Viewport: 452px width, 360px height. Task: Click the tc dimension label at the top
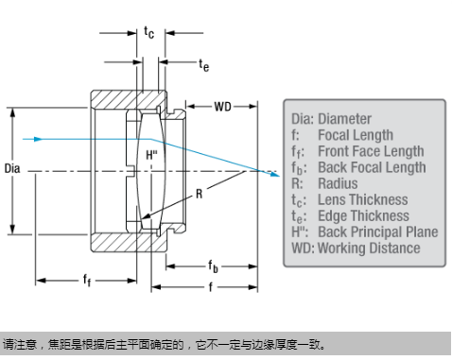(x=149, y=32)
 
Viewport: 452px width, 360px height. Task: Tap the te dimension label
(x=204, y=65)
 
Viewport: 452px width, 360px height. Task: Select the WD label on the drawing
(x=222, y=107)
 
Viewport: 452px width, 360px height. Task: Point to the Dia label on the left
(x=12, y=168)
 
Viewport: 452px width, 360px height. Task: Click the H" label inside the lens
(x=151, y=155)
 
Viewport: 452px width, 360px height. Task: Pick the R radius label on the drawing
(x=199, y=194)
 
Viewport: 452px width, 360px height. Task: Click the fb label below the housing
(x=213, y=266)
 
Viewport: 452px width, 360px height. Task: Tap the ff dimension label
(x=87, y=280)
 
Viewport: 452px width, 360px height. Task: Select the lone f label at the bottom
(x=210, y=287)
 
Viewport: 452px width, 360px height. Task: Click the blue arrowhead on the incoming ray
(x=38, y=139)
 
